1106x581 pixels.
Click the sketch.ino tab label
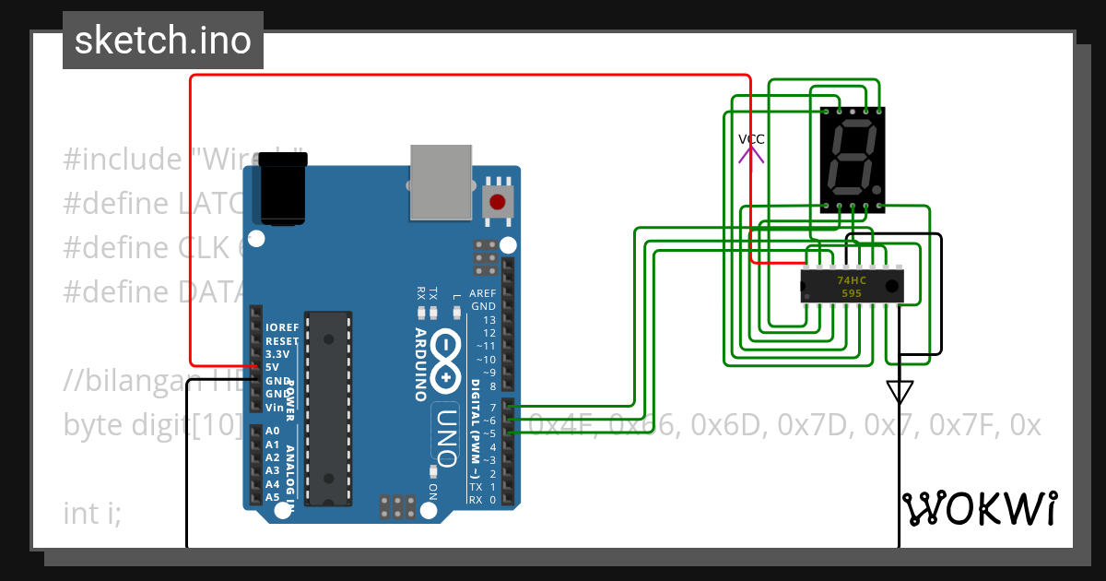tap(162, 41)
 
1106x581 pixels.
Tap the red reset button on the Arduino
tap(498, 202)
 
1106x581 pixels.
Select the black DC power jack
tap(283, 189)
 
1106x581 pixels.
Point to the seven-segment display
tap(853, 159)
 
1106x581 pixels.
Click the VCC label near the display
tap(751, 139)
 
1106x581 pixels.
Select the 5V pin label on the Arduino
tap(272, 367)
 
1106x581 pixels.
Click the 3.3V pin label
tap(277, 354)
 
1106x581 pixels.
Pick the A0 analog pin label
tap(272, 431)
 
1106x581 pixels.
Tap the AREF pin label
tap(483, 293)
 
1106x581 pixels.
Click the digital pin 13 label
tap(489, 320)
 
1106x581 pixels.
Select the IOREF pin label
tap(282, 327)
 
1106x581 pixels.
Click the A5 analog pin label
tap(272, 497)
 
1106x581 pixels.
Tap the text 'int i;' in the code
tap(92, 513)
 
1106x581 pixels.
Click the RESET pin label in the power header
tap(282, 340)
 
